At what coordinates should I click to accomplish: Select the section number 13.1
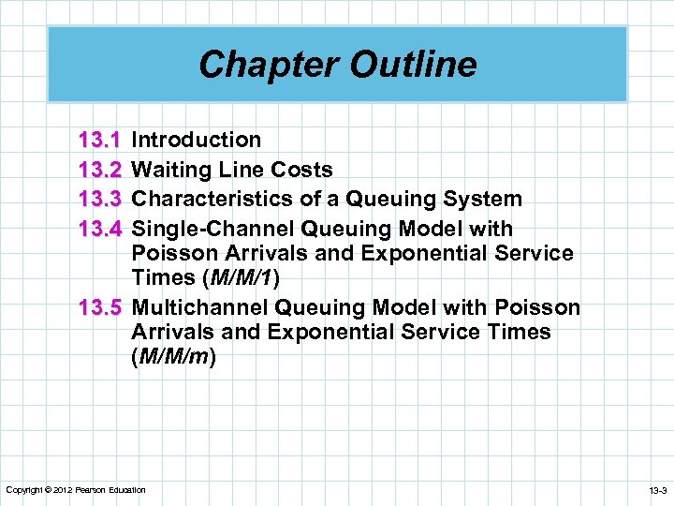[x=100, y=141]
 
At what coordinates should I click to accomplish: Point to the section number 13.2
[x=100, y=170]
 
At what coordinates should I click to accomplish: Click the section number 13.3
[x=100, y=199]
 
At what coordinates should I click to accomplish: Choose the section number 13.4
[x=100, y=229]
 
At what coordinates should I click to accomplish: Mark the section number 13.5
[x=100, y=307]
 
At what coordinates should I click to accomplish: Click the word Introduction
[x=197, y=141]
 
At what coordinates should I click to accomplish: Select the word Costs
[x=301, y=170]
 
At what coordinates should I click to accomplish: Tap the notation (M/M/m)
[x=174, y=357]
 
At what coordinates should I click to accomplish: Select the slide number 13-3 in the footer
[x=656, y=490]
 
